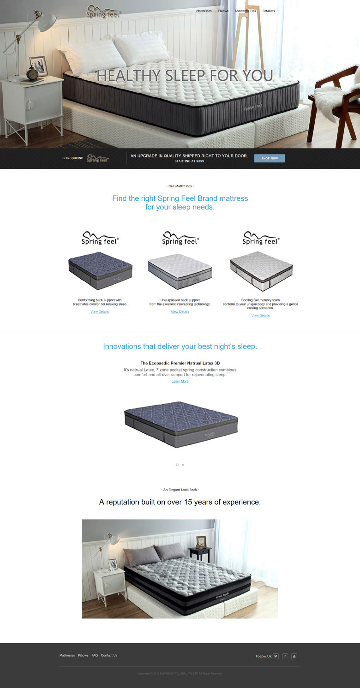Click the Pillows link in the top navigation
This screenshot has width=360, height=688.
tap(223, 11)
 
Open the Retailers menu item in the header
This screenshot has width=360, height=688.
tap(269, 11)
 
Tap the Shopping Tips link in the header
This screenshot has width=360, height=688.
tap(245, 11)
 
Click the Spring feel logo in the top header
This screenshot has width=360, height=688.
tap(104, 12)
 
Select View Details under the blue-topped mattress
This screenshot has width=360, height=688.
tap(100, 312)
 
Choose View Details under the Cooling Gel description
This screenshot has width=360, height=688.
tap(260, 316)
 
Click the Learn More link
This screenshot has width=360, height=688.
tap(180, 382)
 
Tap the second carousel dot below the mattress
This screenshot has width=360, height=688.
tap(183, 465)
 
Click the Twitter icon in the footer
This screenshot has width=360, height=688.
tap(276, 656)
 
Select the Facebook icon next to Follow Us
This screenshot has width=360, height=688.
tap(285, 656)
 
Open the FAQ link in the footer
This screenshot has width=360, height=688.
tap(95, 655)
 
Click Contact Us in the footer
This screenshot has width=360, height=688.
tap(109, 655)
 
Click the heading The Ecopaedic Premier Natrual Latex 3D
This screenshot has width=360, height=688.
tap(180, 363)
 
